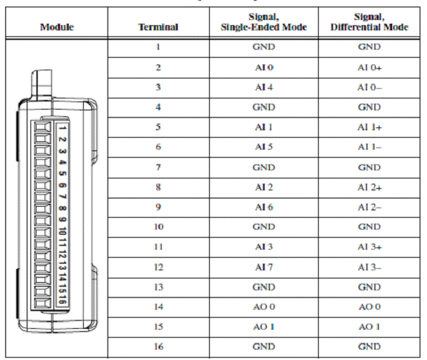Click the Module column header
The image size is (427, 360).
coord(56,27)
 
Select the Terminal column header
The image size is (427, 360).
coord(158,27)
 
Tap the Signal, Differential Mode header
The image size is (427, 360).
coord(369,22)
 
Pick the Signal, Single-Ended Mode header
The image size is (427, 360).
coord(264,22)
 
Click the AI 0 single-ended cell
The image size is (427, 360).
coord(264,67)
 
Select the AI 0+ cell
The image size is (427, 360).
coord(369,67)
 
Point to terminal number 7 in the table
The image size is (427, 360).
coord(158,167)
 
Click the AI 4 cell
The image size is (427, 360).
coord(264,87)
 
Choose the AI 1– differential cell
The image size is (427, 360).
coord(369,147)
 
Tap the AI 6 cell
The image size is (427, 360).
coord(264,207)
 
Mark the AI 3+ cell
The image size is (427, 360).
coord(369,247)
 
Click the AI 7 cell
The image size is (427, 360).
coord(264,267)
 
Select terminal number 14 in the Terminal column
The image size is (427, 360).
coord(158,307)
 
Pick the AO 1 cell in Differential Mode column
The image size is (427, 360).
coord(369,327)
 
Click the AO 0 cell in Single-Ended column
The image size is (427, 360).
coord(264,307)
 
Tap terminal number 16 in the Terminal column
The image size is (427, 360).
coord(158,347)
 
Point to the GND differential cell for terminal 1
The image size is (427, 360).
coord(369,47)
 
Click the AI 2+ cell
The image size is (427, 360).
coord(369,187)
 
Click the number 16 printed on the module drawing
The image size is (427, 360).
coord(62,299)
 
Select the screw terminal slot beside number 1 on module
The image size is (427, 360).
coord(42,127)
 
